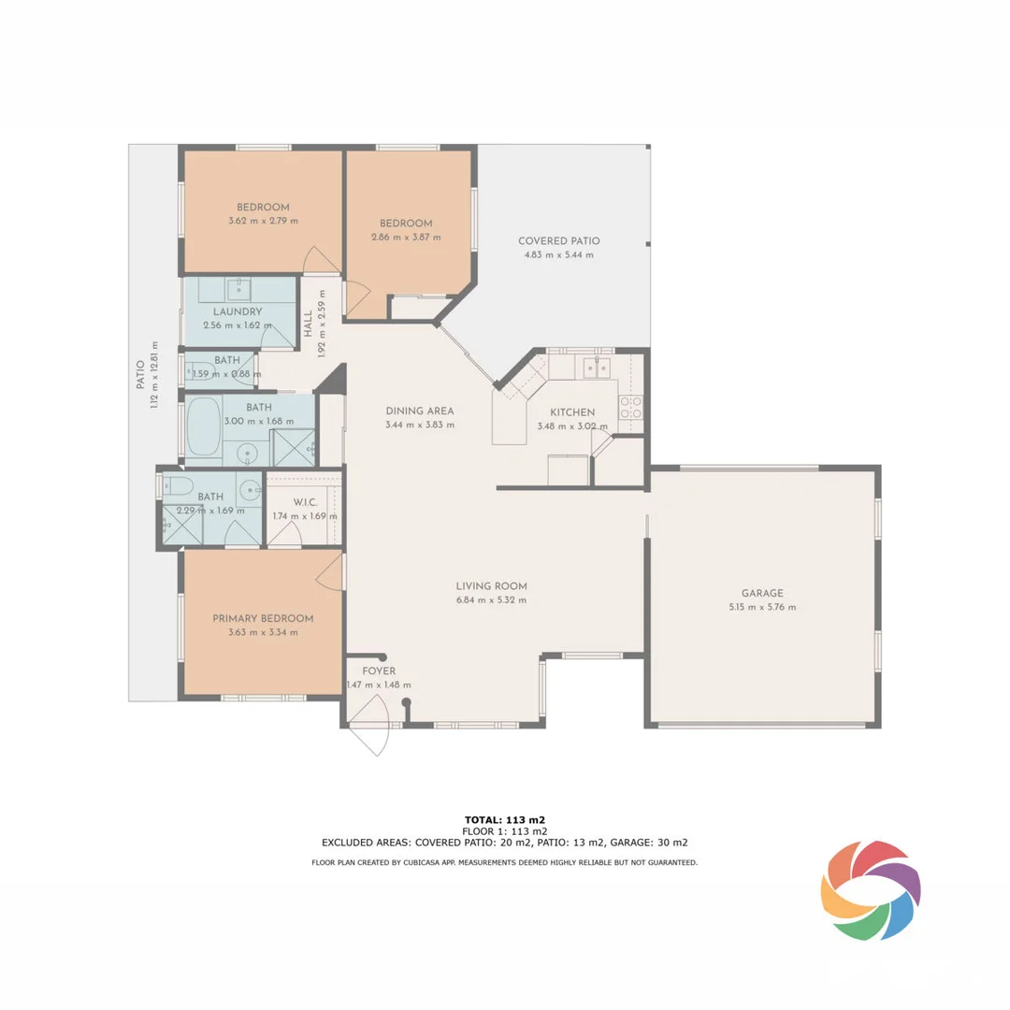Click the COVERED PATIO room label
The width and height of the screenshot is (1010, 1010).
[x=559, y=241]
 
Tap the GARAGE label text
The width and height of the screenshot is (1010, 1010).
[x=762, y=593]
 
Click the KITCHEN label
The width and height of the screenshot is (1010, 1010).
[x=571, y=412]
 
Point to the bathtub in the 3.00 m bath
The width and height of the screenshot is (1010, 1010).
[x=204, y=428]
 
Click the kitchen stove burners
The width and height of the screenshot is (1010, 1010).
[x=631, y=407]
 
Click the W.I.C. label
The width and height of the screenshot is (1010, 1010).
[x=306, y=502]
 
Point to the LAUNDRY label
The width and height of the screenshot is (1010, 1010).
[x=237, y=311]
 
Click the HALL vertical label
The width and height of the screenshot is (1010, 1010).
[x=308, y=325]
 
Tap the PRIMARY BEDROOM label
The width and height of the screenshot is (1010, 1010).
[x=263, y=618]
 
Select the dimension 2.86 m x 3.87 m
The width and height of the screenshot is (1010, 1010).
[x=405, y=238]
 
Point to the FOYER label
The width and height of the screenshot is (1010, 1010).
[x=379, y=671]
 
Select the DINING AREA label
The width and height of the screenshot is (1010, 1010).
[x=420, y=411]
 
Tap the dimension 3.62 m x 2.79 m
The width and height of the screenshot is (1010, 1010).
[x=263, y=221]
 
